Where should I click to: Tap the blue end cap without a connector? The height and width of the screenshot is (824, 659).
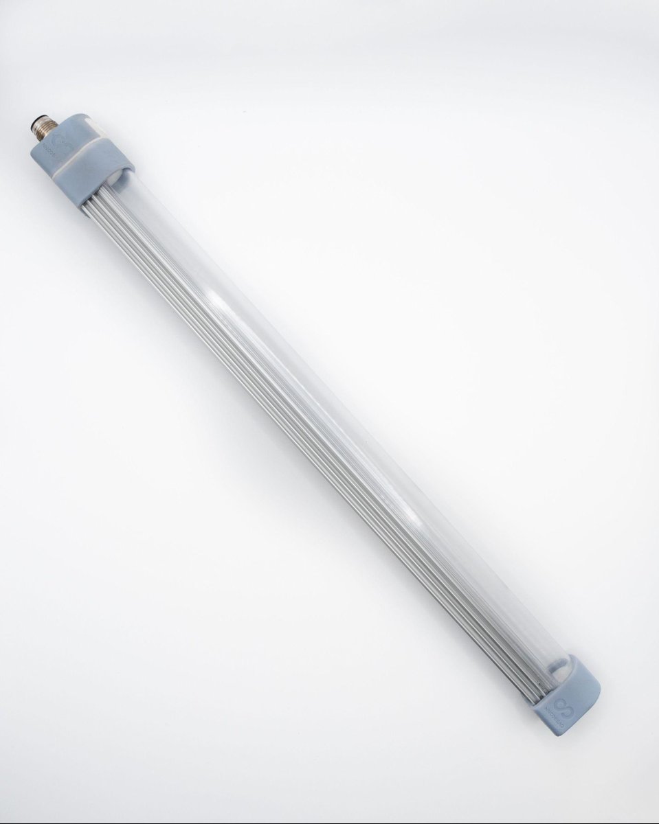[570, 694]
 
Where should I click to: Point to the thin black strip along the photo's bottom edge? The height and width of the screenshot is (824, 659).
[330, 821]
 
